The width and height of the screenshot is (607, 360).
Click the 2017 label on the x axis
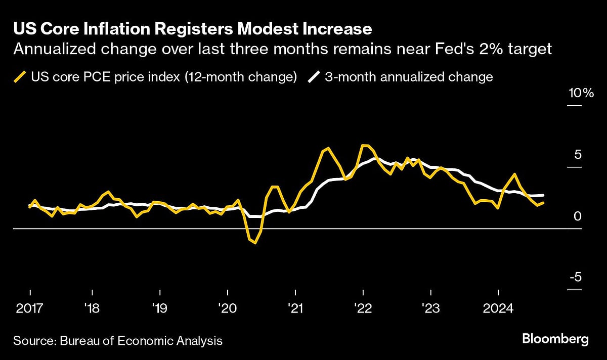tap(30, 308)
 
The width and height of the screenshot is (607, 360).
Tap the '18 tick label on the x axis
tap(92, 308)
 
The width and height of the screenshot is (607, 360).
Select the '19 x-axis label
tap(160, 308)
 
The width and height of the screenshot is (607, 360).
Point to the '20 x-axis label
tap(228, 308)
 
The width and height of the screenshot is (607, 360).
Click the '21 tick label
tap(295, 308)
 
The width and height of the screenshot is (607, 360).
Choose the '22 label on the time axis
tap(363, 308)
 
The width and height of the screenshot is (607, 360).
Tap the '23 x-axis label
tap(431, 308)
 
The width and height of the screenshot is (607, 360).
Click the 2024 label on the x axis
tap(499, 308)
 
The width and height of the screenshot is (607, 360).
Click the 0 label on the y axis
tap(578, 216)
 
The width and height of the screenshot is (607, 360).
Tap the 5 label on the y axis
tap(578, 155)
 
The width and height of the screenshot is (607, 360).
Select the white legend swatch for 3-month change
tap(314, 77)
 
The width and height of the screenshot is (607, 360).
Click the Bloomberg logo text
tap(555, 339)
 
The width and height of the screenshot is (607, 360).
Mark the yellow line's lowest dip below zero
tap(255, 243)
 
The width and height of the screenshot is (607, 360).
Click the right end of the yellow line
tap(544, 203)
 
